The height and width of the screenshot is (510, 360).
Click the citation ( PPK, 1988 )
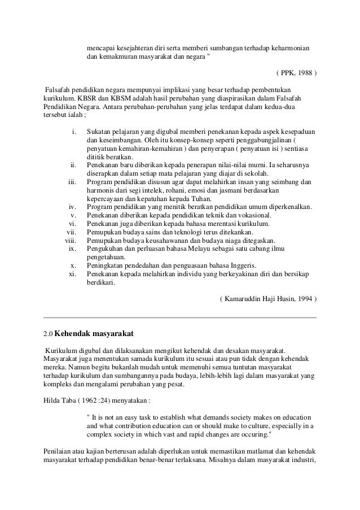(296, 73)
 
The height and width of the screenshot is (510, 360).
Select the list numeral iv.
(72, 207)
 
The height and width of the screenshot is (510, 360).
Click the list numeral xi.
(72, 273)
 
